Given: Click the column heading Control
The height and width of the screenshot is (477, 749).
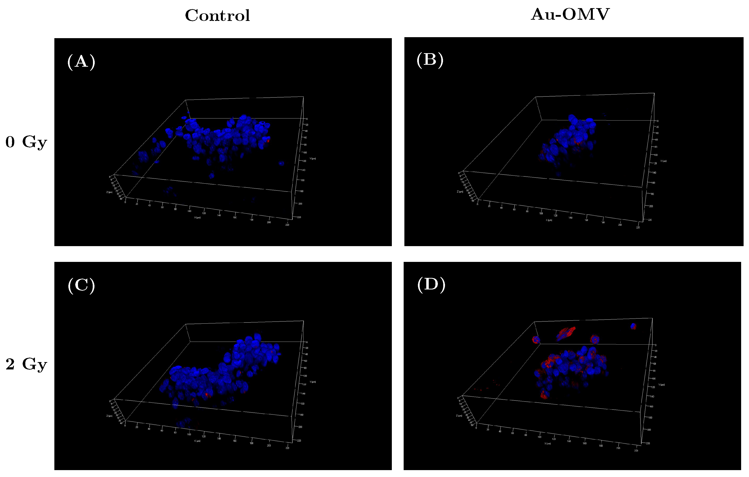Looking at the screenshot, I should point(217,16).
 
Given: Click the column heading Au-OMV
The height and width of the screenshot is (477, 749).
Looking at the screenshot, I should point(570,14).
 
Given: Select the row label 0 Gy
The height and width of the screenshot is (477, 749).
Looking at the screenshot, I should point(26,142).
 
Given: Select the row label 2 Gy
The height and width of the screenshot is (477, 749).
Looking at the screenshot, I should point(26,364).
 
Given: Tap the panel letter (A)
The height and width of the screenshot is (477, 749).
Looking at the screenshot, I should point(81,62).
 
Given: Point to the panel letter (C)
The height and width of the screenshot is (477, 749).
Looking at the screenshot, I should point(81,285).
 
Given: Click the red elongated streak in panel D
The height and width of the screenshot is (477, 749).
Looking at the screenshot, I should point(566,334).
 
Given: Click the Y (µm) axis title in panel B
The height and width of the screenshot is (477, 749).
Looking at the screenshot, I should point(663,161).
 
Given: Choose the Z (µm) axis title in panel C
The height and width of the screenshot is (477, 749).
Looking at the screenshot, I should point(109,416).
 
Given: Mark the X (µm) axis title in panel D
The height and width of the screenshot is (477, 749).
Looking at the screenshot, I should point(548,443).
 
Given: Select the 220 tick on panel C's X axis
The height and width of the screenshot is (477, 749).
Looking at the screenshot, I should point(287,448).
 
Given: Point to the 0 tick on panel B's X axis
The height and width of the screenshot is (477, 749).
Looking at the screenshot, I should point(477,204).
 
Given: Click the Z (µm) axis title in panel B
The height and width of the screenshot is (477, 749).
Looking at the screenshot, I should point(460,191).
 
